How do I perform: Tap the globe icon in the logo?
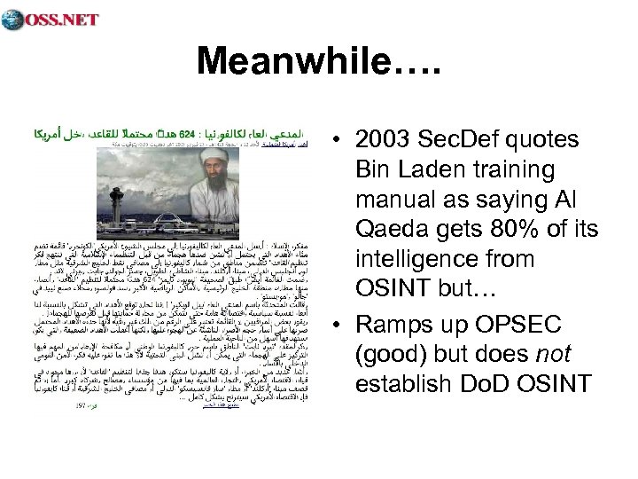coord(12,19)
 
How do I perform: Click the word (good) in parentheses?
coord(390,353)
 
